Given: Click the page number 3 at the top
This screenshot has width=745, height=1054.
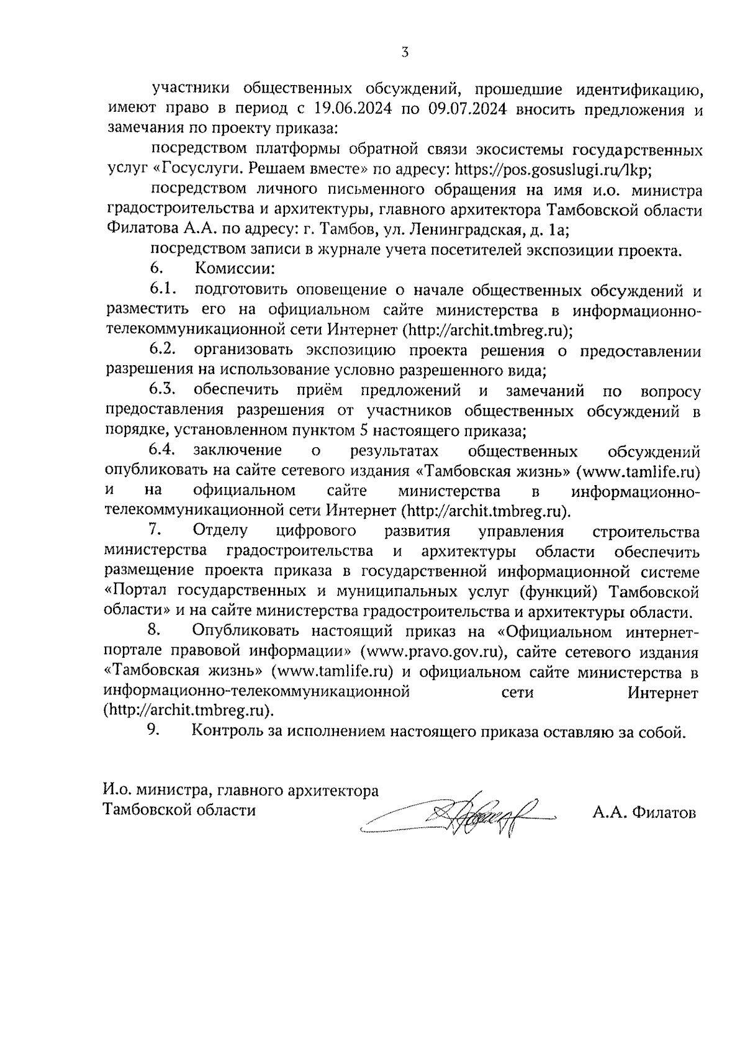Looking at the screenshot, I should pyautogui.click(x=404, y=52).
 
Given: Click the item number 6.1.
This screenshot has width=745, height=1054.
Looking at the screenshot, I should pyautogui.click(x=163, y=289).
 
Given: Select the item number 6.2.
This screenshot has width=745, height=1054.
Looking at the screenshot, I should pyautogui.click(x=163, y=350).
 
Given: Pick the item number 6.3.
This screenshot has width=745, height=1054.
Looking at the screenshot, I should pyautogui.click(x=163, y=390).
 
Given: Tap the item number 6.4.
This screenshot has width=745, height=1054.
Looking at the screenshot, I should pyautogui.click(x=163, y=450).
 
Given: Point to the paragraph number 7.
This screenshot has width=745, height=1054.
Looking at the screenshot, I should pyautogui.click(x=155, y=530).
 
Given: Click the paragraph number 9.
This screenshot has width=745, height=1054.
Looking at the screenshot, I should pyautogui.click(x=154, y=731).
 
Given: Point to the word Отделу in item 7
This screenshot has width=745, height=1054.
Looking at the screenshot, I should pyautogui.click(x=220, y=531).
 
